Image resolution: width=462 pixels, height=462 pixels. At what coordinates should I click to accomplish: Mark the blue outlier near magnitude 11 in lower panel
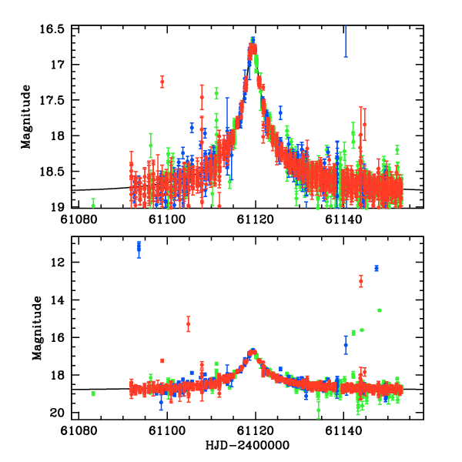tap(139, 247)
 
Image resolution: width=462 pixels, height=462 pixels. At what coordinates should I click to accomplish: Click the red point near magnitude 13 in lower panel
tap(360, 281)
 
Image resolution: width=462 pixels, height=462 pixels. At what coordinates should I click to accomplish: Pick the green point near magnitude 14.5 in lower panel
tap(379, 310)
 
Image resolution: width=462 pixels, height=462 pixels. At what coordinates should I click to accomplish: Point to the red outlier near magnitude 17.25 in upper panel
tap(162, 81)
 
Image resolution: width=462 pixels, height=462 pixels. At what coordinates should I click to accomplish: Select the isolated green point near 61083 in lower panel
tap(93, 393)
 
